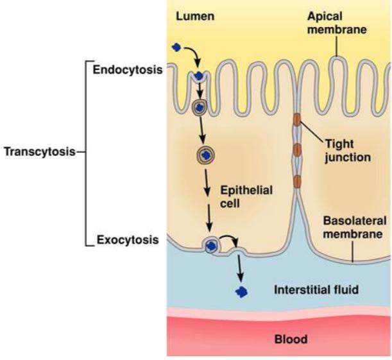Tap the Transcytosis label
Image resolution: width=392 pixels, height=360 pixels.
tap(40, 152)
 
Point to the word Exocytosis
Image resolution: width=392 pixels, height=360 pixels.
tap(127, 241)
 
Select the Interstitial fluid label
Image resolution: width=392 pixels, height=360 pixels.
tap(312, 289)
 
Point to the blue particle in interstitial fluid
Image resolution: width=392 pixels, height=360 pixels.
tap(241, 292)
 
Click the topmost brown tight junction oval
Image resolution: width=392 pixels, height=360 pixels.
tap(296, 119)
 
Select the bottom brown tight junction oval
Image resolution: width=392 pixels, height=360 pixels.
tap(296, 181)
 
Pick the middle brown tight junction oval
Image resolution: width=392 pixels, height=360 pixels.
tap(296, 151)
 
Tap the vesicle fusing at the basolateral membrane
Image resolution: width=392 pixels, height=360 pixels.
tap(212, 244)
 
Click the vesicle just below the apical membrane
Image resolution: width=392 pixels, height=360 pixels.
tap(201, 107)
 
